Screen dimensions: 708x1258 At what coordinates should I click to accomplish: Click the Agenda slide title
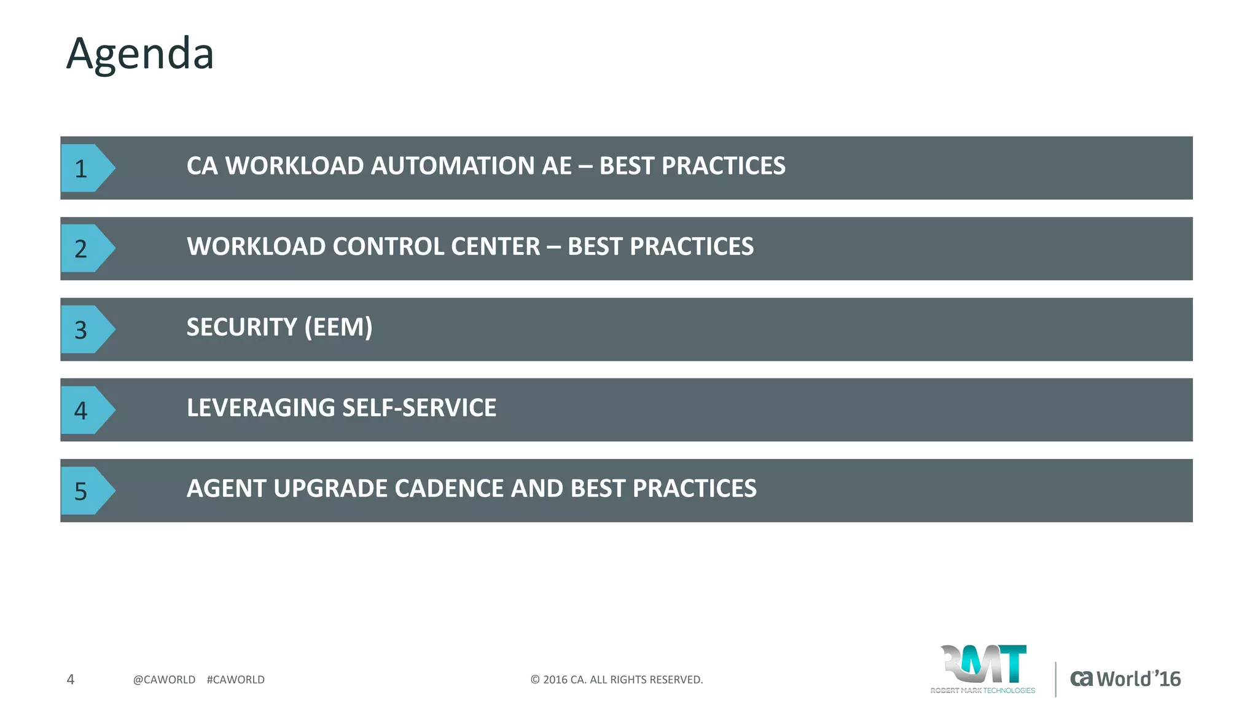click(140, 54)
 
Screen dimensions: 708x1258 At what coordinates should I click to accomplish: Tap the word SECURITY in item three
click(241, 327)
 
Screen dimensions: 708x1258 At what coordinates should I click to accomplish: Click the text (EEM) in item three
click(338, 327)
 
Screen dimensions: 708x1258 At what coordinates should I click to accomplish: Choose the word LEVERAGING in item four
click(260, 408)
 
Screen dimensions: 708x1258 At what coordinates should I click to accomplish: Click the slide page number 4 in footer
click(71, 679)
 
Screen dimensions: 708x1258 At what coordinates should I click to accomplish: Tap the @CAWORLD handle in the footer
click(164, 680)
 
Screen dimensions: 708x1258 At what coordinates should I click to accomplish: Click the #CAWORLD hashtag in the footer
click(236, 680)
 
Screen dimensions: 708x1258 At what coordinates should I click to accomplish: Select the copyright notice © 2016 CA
click(616, 680)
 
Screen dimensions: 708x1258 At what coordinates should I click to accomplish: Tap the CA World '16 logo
click(1125, 678)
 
